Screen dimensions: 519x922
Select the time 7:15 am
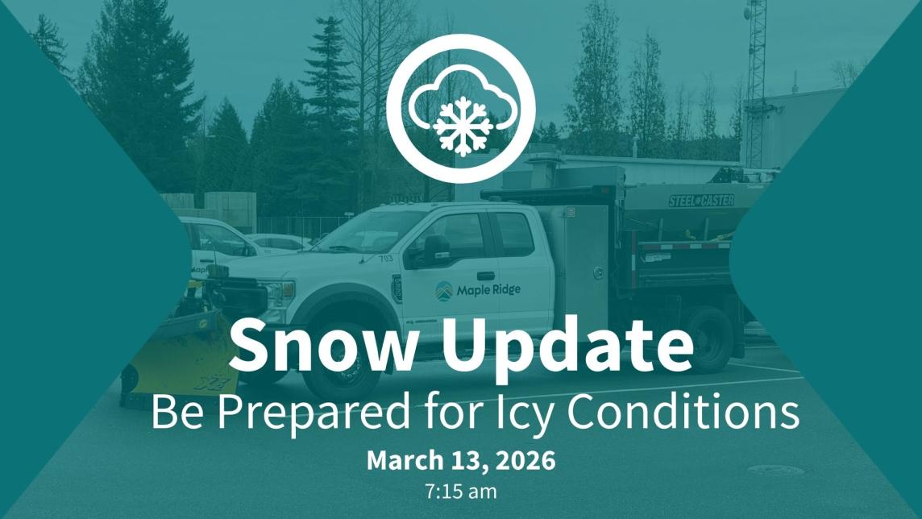(461, 488)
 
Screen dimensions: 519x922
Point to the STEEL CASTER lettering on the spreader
(700, 199)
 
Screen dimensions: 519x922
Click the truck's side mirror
(430, 251)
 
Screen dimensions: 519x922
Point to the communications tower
(756, 81)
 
